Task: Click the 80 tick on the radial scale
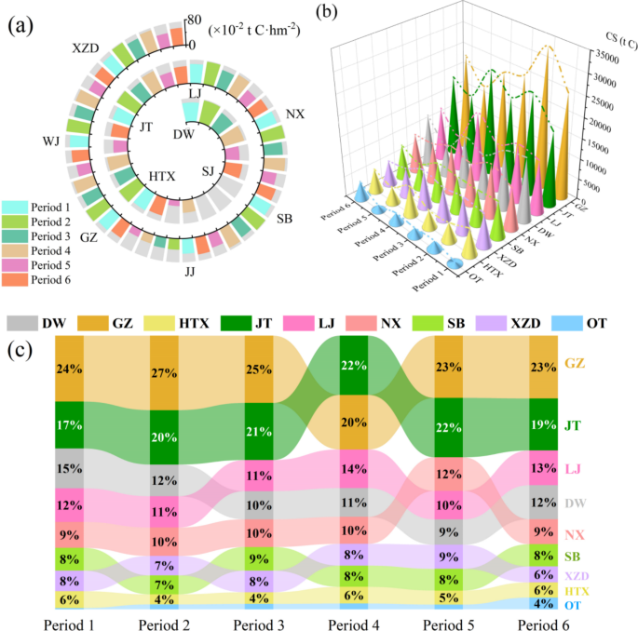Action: (194, 19)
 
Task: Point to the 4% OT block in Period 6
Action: (543, 603)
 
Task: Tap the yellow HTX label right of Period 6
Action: (577, 590)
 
